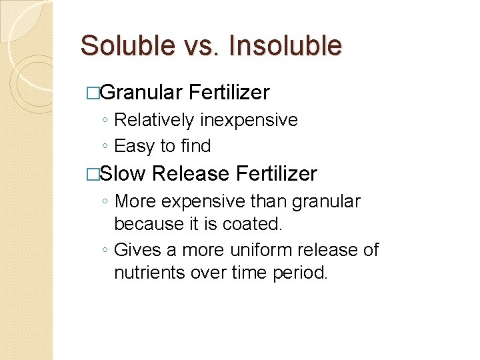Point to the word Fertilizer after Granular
pyautogui.click(x=229, y=92)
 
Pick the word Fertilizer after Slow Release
pyautogui.click(x=277, y=173)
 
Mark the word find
pyautogui.click(x=195, y=145)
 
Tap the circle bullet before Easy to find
pyautogui.click(x=105, y=147)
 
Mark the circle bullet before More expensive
pyautogui.click(x=105, y=202)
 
